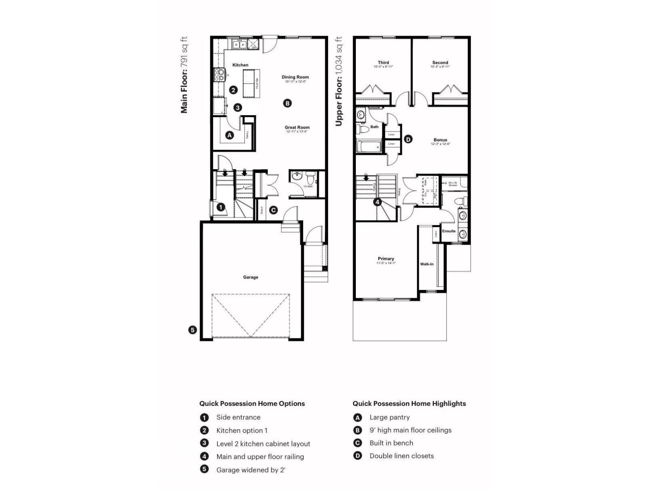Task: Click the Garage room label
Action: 251,277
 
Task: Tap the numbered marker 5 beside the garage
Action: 193,330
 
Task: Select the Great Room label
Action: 297,127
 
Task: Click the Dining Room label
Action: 295,77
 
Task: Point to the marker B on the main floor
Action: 287,103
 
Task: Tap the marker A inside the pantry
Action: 229,135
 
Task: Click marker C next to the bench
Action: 273,210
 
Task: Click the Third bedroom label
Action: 383,63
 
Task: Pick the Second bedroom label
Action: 440,63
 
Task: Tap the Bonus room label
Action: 440,140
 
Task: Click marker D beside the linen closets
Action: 408,139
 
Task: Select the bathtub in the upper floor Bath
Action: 369,147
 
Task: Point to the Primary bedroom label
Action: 386,259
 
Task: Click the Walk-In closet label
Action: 427,264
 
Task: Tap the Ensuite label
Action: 449,231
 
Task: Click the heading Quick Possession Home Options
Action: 252,403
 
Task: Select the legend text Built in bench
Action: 391,443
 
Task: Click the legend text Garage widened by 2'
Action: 251,470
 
